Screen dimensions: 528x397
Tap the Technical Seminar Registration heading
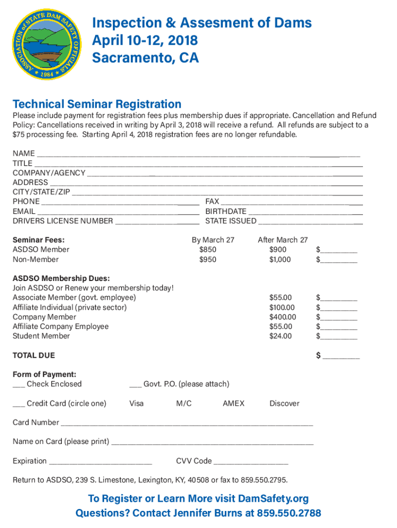[x=97, y=104]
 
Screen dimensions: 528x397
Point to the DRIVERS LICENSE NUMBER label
[x=62, y=221]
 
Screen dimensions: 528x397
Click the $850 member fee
[x=208, y=250]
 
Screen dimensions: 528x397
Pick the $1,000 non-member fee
[x=280, y=259]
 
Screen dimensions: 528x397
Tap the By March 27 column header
[x=213, y=240]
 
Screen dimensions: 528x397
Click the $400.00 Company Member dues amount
[x=283, y=317]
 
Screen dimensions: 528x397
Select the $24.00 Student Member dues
[x=280, y=336]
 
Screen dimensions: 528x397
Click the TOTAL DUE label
[x=34, y=355]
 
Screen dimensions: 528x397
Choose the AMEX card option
[x=234, y=403]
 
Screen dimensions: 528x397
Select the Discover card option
[x=284, y=403]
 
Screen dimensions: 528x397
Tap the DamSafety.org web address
[x=273, y=499]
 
